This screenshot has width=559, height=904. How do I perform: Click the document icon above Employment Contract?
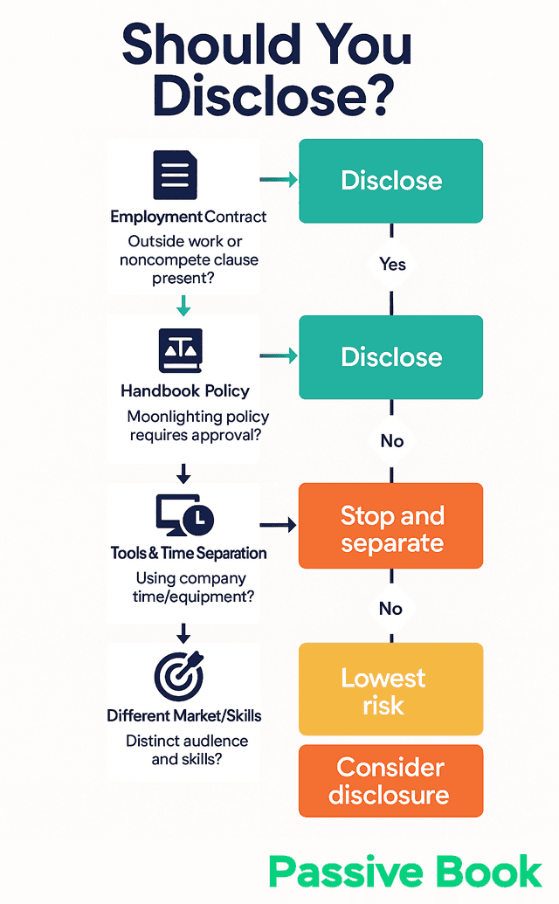pyautogui.click(x=176, y=175)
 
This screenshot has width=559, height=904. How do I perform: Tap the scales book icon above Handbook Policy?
pyautogui.click(x=180, y=351)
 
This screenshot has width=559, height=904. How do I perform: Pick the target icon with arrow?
pyautogui.click(x=178, y=675)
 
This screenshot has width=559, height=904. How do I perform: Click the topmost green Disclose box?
pyautogui.click(x=390, y=181)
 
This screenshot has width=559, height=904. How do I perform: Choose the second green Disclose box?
pyautogui.click(x=390, y=356)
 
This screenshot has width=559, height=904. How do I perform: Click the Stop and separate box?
pyautogui.click(x=390, y=528)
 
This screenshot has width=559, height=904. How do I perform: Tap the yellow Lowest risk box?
pyautogui.click(x=390, y=690)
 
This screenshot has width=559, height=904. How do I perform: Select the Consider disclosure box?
pyautogui.click(x=390, y=781)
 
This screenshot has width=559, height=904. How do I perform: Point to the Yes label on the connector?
pyautogui.click(x=392, y=264)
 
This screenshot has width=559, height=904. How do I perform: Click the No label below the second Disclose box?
pyautogui.click(x=392, y=441)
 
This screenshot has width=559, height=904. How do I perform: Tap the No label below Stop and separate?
pyautogui.click(x=392, y=608)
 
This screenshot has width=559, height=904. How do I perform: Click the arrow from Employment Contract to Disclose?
pyautogui.click(x=279, y=180)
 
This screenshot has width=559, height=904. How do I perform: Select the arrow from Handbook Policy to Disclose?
pyautogui.click(x=279, y=355)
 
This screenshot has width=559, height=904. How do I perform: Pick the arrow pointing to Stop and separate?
pyautogui.click(x=279, y=526)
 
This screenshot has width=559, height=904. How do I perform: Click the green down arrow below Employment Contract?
pyautogui.click(x=183, y=305)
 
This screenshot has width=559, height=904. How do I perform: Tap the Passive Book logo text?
pyautogui.click(x=405, y=871)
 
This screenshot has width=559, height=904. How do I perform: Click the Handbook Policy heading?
pyautogui.click(x=185, y=390)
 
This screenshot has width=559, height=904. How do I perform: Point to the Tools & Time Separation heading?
pyautogui.click(x=189, y=553)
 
